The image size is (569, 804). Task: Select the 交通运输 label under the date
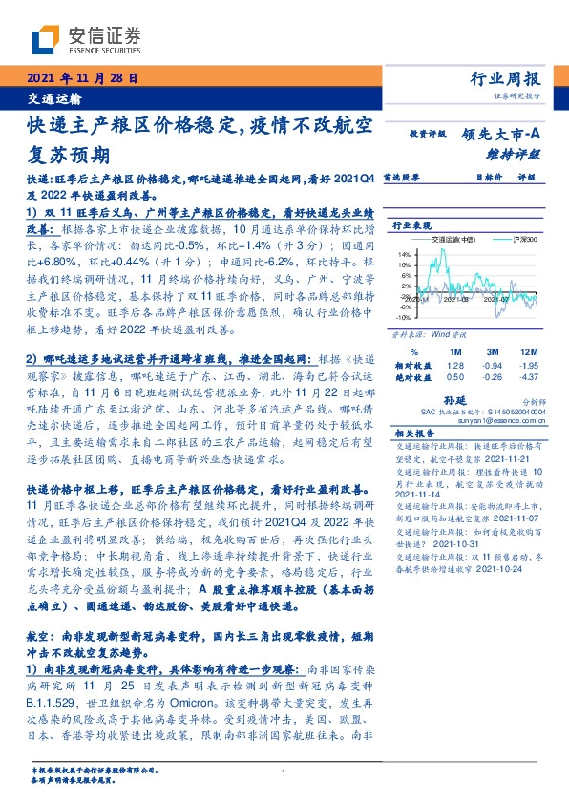[53, 98]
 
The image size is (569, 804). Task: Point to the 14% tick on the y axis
[404, 254]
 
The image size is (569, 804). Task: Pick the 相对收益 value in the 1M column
[454, 366]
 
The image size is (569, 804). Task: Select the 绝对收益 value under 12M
[528, 378]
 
